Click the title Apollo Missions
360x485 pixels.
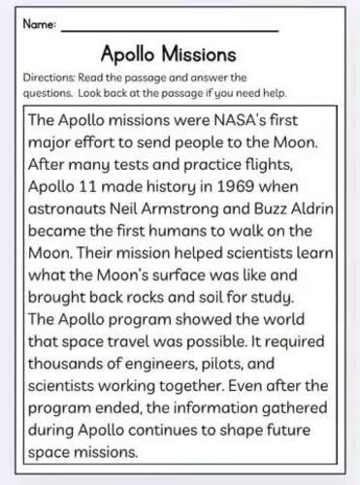(x=168, y=52)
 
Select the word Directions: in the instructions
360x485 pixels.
(x=47, y=78)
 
